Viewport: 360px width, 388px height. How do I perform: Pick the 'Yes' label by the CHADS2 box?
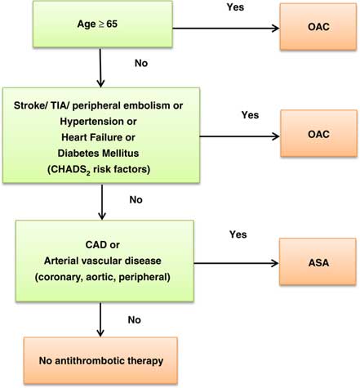tap(250, 115)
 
